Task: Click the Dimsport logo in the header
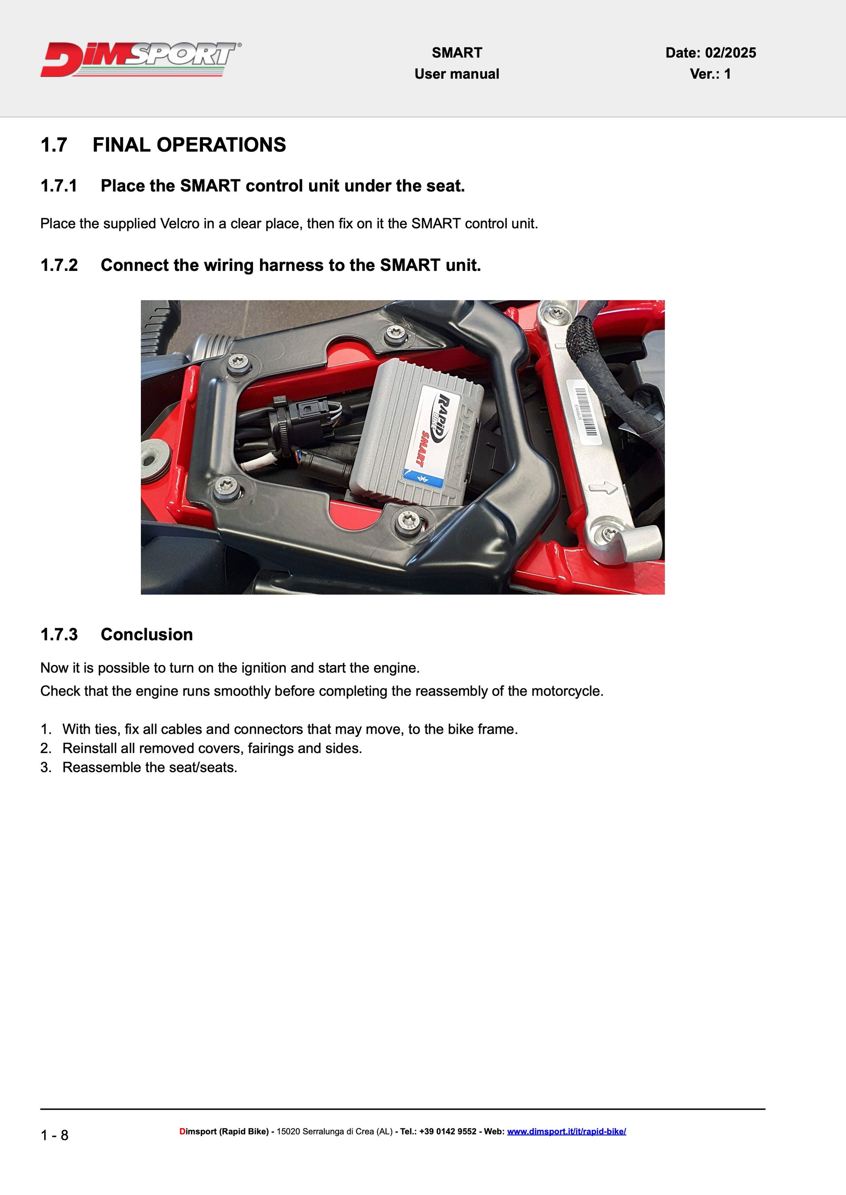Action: click(141, 59)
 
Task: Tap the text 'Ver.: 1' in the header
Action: click(710, 74)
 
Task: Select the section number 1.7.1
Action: click(59, 186)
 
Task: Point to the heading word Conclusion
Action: click(147, 634)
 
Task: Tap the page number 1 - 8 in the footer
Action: click(54, 1135)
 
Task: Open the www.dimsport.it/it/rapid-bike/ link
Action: click(566, 1131)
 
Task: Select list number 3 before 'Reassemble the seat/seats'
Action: click(46, 768)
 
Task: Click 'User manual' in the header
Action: click(456, 74)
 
